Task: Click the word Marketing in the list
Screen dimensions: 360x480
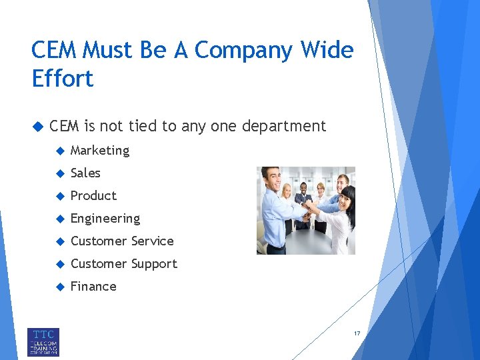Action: [100, 151]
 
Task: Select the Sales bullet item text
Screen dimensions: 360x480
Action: [85, 173]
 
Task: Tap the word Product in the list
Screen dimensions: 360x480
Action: [93, 196]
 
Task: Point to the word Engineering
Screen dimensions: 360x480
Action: [105, 219]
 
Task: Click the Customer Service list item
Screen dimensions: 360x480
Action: [122, 241]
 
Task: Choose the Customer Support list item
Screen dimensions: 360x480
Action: [124, 264]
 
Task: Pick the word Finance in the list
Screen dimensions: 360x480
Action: [93, 287]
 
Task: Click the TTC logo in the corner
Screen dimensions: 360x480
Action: [43, 341]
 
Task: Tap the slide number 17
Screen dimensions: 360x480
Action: [357, 333]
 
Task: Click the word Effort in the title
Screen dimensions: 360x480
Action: [63, 79]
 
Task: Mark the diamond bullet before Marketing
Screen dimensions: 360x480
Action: [59, 151]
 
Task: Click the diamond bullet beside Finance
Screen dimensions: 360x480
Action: [59, 287]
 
